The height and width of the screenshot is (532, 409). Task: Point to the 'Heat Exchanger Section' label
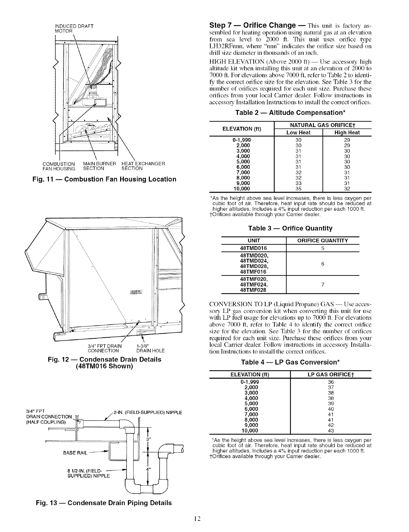tap(143, 166)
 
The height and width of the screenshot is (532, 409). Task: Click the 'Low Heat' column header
tap(298, 132)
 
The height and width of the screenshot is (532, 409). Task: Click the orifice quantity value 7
tap(323, 285)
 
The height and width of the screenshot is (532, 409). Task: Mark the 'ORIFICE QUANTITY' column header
tap(323, 241)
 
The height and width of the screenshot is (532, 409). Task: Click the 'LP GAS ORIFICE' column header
tap(331, 374)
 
